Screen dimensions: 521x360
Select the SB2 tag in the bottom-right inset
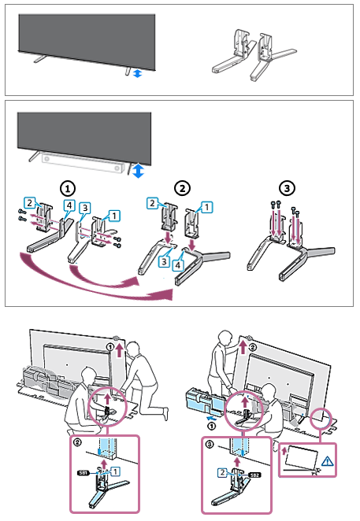254,476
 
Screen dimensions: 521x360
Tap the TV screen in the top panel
87,35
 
